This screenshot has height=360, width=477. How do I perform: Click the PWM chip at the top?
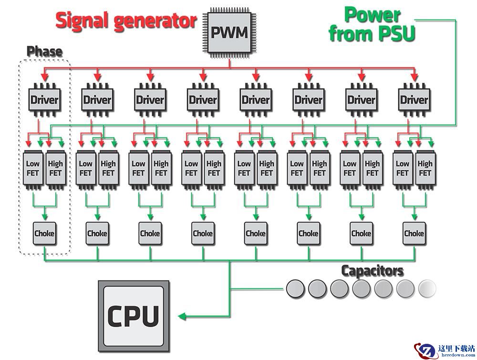[x=229, y=33]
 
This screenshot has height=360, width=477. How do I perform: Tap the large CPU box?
[x=134, y=315]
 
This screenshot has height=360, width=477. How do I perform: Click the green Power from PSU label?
[x=373, y=24]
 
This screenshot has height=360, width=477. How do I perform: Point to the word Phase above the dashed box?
[x=44, y=51]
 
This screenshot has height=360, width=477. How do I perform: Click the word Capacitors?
[x=372, y=271]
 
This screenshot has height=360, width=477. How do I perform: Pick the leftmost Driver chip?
[x=44, y=100]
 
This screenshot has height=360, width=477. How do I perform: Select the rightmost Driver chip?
[x=414, y=100]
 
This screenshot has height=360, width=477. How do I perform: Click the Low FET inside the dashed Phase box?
[x=33, y=168]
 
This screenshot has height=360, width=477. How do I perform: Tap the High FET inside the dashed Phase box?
[x=55, y=168]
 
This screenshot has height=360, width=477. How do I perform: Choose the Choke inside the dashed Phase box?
[x=44, y=234]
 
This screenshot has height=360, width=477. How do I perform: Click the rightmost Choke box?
[x=414, y=234]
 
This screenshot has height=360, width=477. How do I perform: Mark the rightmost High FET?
[x=425, y=168]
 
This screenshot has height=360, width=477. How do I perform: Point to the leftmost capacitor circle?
[x=295, y=288]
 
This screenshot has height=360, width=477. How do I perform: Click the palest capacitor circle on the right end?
[x=427, y=288]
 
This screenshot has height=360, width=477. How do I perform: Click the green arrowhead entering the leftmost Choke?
[x=44, y=217]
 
